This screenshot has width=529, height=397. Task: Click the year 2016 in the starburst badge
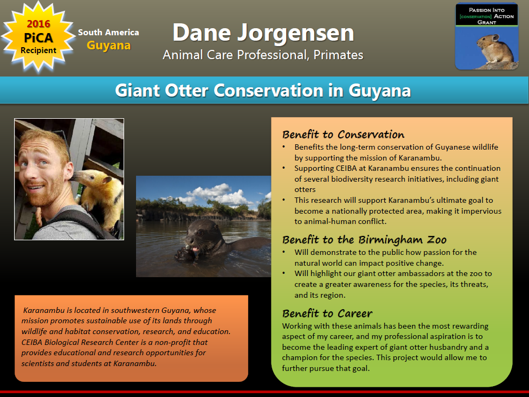[x=38, y=24]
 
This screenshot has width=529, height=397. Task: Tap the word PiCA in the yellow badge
[x=38, y=37]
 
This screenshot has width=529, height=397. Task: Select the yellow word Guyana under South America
[x=108, y=45]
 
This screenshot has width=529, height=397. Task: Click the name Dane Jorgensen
[x=263, y=33]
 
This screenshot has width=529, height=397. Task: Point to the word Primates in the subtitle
[x=338, y=55]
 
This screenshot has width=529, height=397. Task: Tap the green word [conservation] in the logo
[x=475, y=16]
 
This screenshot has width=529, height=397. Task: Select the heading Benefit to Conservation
[x=343, y=135]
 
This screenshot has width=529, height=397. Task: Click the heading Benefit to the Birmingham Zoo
[x=364, y=240]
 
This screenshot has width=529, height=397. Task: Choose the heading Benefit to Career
[x=327, y=313]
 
